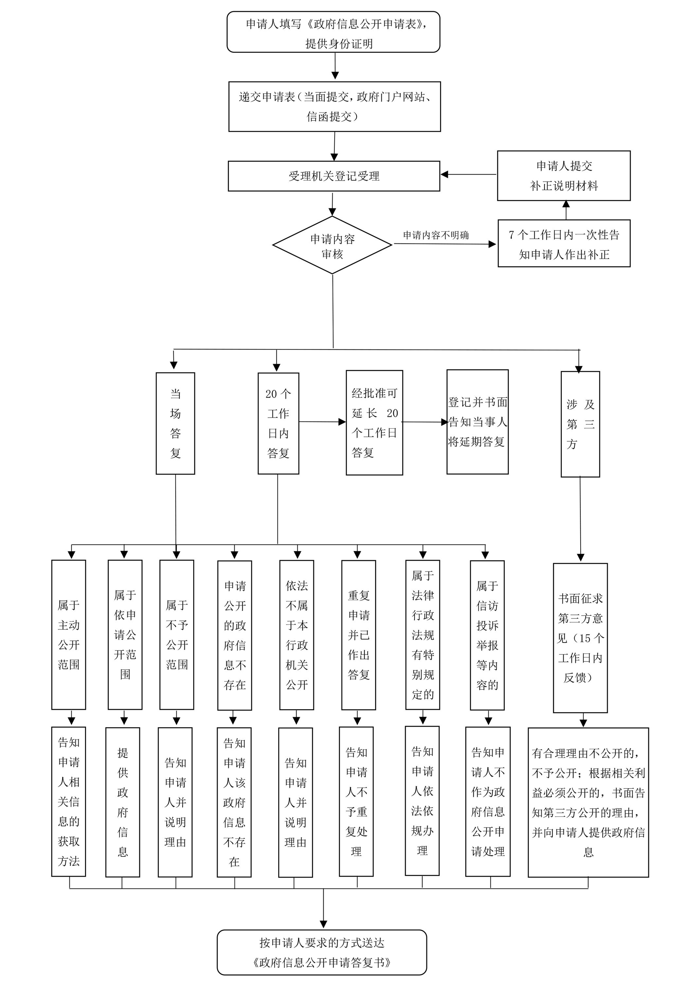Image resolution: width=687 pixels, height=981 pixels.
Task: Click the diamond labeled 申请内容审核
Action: pos(332,245)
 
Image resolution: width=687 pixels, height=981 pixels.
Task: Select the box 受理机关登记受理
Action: pos(334,176)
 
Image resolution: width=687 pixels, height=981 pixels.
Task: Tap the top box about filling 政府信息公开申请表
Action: pos(333,32)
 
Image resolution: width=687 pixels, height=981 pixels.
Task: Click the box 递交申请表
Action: pos(335,106)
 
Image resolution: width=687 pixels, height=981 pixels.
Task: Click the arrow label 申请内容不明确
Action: pos(436,235)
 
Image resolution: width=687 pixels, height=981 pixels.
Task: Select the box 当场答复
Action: pos(175,423)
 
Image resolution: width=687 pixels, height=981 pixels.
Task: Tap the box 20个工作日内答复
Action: pos(278,423)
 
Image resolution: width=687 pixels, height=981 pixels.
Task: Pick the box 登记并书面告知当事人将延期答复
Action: pos(478,422)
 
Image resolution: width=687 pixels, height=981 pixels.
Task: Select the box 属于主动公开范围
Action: pos(69,635)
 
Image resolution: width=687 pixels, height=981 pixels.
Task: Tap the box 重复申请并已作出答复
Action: pos(359,635)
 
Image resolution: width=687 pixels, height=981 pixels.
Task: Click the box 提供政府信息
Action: pos(123,802)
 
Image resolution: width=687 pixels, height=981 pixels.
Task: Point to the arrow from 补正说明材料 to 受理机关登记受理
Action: pos(468,174)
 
